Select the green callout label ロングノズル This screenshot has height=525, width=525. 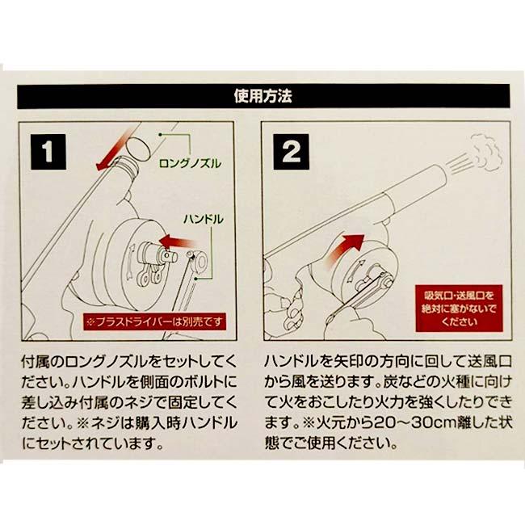187,163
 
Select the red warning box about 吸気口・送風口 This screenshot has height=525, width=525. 457,306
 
